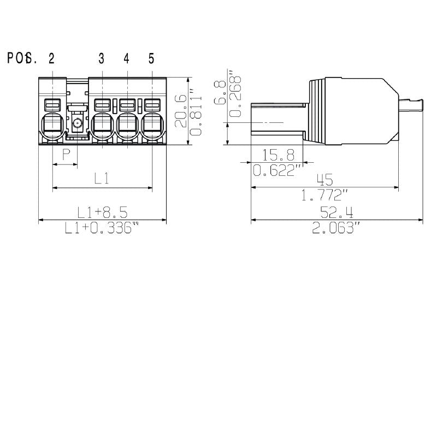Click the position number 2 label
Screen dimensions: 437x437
[x=51, y=59]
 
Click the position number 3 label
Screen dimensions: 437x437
[x=102, y=59]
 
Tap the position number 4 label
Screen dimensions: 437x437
[x=127, y=59]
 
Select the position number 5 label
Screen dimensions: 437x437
[x=151, y=59]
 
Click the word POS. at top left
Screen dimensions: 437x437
[x=22, y=59]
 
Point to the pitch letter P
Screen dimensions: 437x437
[x=66, y=155]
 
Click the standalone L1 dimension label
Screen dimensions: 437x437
[x=102, y=178]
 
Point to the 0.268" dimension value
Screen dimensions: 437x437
[x=235, y=93]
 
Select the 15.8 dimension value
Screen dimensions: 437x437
[x=279, y=154]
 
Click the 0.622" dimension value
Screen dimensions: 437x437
[x=278, y=170]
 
